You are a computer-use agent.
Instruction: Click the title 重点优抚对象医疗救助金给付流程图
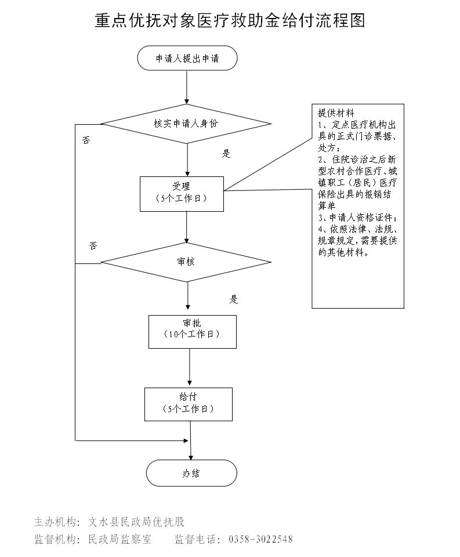[230, 21]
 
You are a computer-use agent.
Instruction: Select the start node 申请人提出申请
[187, 59]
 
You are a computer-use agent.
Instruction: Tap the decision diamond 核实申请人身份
[186, 124]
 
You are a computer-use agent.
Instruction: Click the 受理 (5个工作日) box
[182, 193]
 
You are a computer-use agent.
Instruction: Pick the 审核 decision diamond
[186, 262]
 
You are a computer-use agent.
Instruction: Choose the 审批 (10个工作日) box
[192, 331]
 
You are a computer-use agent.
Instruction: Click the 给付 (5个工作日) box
[188, 403]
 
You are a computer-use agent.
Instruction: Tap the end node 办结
[191, 473]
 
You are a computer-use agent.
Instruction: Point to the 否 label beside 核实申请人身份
[86, 141]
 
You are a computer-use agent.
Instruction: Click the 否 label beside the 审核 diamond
[93, 246]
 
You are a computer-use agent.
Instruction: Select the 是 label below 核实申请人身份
[226, 154]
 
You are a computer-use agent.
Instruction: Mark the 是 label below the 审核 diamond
[234, 300]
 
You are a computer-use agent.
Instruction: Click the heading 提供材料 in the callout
[336, 113]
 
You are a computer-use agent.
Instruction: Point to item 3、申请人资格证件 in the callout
[358, 218]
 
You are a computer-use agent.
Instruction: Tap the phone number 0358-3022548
[260, 540]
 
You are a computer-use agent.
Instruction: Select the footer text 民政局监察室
[119, 540]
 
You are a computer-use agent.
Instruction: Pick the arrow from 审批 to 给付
[190, 368]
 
